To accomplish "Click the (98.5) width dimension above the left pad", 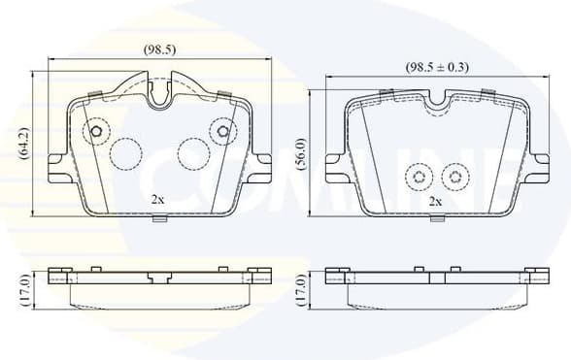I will [x=159, y=49].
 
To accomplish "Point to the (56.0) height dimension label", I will [x=301, y=154].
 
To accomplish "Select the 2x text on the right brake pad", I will [x=435, y=201].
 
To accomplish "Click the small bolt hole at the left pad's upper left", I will [x=96, y=132].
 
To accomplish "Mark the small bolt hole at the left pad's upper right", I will [x=223, y=131].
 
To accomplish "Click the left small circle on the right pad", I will [x=419, y=177].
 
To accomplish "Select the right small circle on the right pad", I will [x=453, y=177].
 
